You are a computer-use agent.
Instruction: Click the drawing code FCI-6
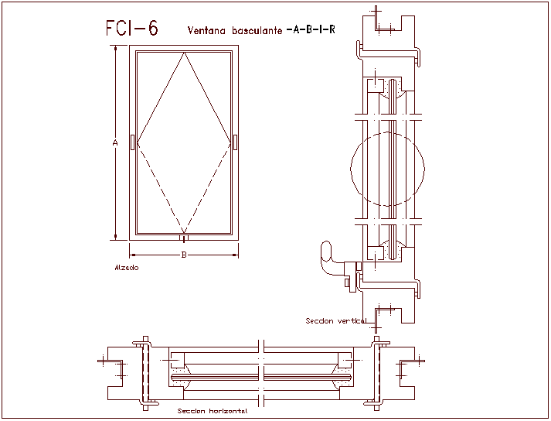click(131, 29)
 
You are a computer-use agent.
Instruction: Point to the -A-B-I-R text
click(311, 30)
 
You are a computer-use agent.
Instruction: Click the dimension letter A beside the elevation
click(115, 142)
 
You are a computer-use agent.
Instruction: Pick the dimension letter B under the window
click(183, 255)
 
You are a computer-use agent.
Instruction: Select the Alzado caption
click(126, 267)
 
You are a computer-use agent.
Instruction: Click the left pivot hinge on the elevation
click(133, 142)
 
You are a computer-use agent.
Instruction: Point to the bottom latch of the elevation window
click(183, 238)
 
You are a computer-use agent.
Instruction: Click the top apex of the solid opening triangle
click(183, 55)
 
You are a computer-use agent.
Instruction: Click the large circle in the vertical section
click(386, 169)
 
